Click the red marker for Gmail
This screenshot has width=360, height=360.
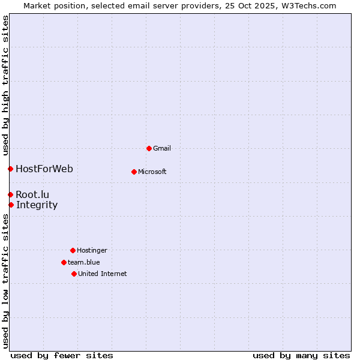(149, 148)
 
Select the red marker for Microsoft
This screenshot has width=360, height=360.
(134, 172)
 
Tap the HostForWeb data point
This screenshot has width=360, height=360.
(10, 169)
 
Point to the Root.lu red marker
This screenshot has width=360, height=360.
(10, 194)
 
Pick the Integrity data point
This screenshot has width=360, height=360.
(11, 205)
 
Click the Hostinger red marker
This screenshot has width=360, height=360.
(73, 250)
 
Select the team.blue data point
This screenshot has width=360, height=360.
(64, 262)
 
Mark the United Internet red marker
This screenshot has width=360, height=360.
(74, 274)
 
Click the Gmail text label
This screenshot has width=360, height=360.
(162, 148)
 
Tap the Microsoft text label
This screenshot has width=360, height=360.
(152, 172)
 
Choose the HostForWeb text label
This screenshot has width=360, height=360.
(44, 169)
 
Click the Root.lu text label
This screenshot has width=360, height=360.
(32, 194)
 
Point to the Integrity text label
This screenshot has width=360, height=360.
(37, 205)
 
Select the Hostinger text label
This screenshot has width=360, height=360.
(92, 250)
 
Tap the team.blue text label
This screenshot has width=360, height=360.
(84, 262)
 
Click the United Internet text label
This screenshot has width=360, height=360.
(103, 274)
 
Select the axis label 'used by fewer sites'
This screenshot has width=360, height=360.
(62, 355)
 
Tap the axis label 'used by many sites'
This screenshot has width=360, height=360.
(301, 355)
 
